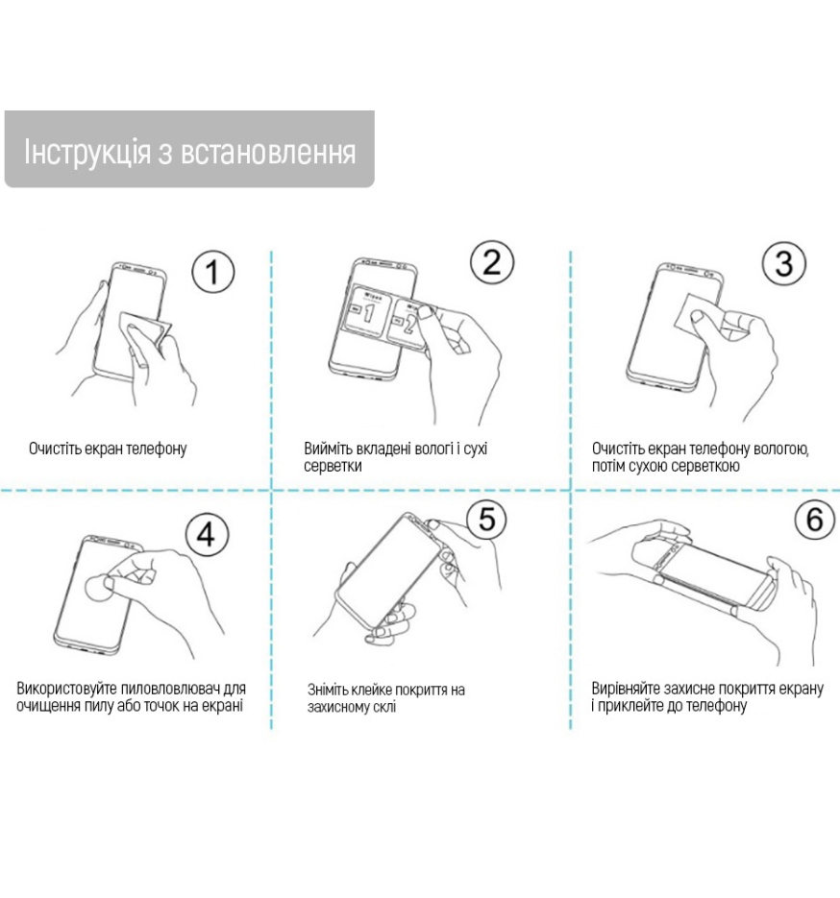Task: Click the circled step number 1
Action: coord(212,272)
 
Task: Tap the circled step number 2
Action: coord(492,262)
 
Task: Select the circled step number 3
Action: coord(784,263)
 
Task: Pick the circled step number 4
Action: coord(207,534)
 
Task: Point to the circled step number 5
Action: coord(487,519)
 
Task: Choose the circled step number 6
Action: coord(815,519)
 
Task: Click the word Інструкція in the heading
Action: coord(87,153)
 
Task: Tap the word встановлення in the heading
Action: coord(268,153)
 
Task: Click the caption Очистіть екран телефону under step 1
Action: coord(108,449)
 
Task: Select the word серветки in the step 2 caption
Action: coord(333,466)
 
